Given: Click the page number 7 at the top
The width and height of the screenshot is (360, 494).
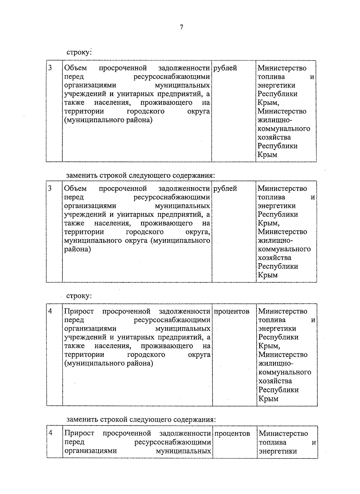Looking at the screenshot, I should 181,27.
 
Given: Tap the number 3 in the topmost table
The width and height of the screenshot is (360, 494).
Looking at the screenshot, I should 50,68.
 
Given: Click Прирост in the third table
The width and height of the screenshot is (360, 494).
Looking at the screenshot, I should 79,311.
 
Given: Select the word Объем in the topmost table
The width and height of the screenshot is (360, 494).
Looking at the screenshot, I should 75,68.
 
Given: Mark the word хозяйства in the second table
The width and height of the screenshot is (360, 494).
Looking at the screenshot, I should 274,258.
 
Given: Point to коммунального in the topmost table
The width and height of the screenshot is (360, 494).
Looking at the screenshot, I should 284,129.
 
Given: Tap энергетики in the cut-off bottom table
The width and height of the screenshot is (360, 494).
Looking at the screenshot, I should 277,451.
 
